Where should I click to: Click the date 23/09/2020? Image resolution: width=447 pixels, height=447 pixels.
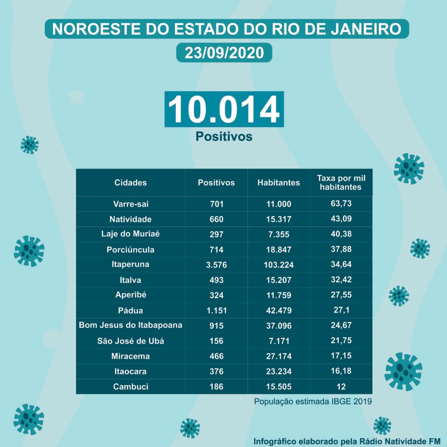[224, 53]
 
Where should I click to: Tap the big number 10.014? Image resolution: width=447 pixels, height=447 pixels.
[224, 109]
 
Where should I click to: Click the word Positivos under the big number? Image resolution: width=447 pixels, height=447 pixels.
[224, 137]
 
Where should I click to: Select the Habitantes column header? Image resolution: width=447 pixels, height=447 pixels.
[279, 183]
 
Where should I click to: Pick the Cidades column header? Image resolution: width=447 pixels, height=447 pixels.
[131, 183]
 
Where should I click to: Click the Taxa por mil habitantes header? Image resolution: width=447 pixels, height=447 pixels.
[341, 183]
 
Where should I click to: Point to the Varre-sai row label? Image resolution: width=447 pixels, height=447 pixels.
[131, 204]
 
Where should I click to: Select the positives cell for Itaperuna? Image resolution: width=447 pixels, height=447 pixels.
[216, 265]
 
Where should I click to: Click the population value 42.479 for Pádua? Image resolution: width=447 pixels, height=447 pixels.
[279, 311]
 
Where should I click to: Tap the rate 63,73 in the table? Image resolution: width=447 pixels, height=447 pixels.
[341, 203]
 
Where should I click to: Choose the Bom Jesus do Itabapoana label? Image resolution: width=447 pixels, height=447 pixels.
[131, 325]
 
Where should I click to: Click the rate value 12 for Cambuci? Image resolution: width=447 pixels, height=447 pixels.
[341, 387]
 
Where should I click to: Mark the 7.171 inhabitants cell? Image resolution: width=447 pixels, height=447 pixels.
[279, 341]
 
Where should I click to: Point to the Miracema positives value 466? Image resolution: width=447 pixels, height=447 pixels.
[216, 356]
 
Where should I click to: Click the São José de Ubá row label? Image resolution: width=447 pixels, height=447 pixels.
[131, 341]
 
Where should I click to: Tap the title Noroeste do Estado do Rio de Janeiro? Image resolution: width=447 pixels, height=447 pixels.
[227, 29]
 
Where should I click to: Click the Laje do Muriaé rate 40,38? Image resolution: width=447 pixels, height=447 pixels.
[341, 234]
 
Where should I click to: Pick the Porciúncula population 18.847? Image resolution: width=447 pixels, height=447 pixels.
[279, 250]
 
